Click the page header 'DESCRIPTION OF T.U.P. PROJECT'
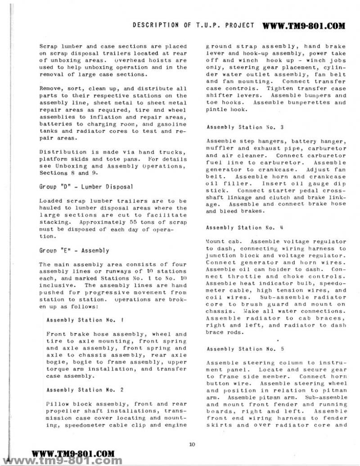193,26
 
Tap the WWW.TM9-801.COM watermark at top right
304,26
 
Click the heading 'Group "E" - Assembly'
74,250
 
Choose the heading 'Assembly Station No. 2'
78,390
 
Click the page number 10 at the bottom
192,445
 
